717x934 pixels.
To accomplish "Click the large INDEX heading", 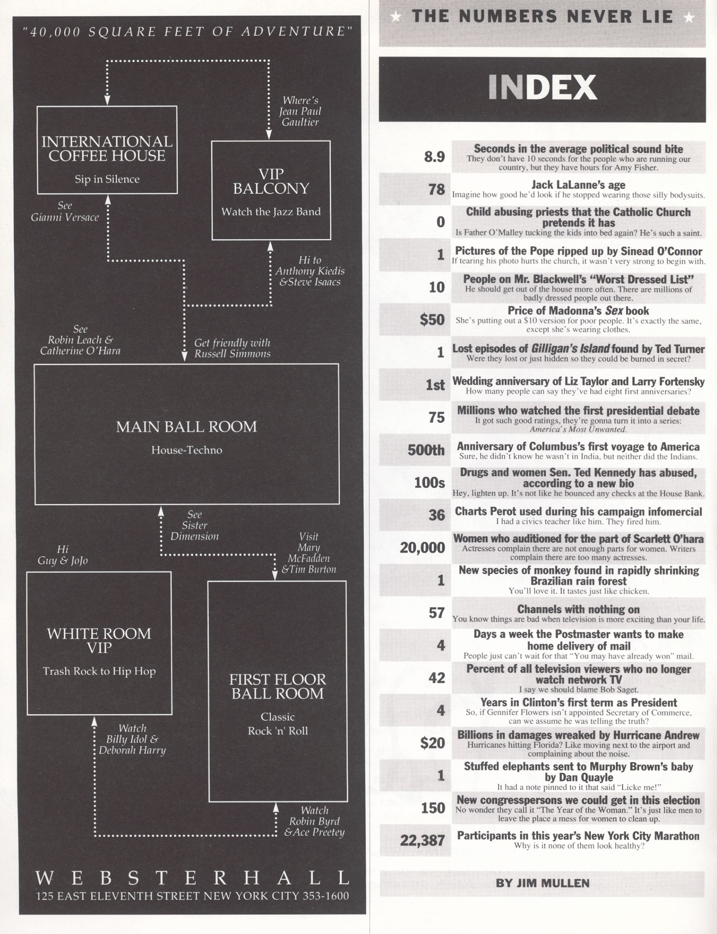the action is [x=542, y=87].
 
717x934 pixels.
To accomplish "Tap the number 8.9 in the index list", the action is [x=434, y=157].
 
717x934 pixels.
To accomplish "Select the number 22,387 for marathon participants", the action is [x=422, y=841].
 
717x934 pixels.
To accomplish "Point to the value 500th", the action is [x=426, y=450].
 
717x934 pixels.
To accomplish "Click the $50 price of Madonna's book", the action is [x=432, y=320].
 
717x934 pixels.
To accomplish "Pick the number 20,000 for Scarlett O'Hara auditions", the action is [x=422, y=548].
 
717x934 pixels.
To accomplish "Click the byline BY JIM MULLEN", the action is [x=542, y=883].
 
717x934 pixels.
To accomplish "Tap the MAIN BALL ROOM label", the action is [x=186, y=427].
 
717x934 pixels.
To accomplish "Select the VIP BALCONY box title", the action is [x=271, y=181].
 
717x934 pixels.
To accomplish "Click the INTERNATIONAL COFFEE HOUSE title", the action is [x=107, y=149].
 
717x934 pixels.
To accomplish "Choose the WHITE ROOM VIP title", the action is [x=99, y=640].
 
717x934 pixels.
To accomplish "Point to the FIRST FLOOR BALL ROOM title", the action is [x=277, y=686].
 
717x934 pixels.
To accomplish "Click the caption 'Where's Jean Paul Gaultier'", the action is [x=300, y=111].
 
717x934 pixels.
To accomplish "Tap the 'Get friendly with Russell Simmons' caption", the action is [x=232, y=348].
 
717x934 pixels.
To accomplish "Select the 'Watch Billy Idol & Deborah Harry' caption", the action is [x=132, y=739].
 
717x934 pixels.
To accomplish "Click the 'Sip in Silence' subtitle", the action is [x=107, y=179].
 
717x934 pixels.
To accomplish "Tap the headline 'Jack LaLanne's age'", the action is [x=578, y=184].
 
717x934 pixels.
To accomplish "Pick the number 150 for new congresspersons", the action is [x=433, y=808].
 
